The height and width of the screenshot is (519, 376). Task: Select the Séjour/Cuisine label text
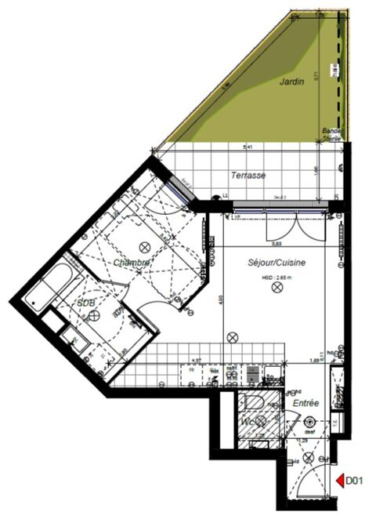click(277, 263)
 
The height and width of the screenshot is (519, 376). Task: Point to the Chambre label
click(131, 262)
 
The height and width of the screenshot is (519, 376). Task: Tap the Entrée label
click(305, 402)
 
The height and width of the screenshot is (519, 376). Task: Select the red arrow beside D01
click(338, 480)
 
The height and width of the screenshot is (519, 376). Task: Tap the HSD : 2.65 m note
click(276, 277)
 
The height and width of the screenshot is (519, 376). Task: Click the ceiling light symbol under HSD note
click(276, 289)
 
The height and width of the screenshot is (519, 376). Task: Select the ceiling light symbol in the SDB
click(94, 314)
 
